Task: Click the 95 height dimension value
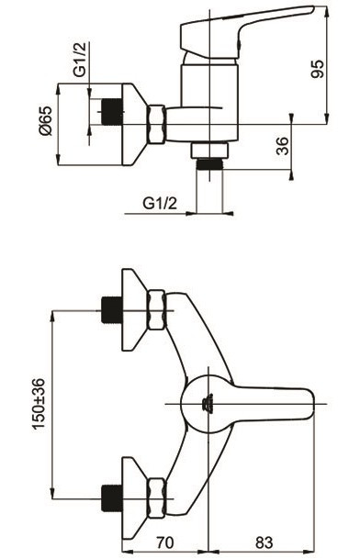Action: click(318, 69)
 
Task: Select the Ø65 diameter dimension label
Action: click(46, 120)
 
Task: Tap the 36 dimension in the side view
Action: click(283, 146)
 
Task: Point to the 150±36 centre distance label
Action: click(39, 403)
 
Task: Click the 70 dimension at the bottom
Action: click(164, 542)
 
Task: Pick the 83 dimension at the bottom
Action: click(264, 542)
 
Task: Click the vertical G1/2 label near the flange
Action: click(80, 59)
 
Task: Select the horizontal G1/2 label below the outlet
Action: click(160, 204)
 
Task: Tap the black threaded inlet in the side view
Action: click(112, 112)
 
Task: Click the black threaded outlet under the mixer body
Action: click(209, 164)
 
